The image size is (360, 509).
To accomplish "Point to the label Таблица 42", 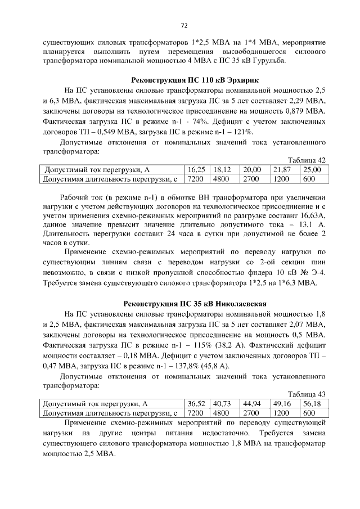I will (307, 160).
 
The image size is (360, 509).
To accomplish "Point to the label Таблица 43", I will (307, 395).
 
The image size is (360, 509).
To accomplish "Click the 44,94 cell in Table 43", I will (252, 403).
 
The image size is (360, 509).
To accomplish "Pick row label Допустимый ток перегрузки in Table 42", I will (97, 169).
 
